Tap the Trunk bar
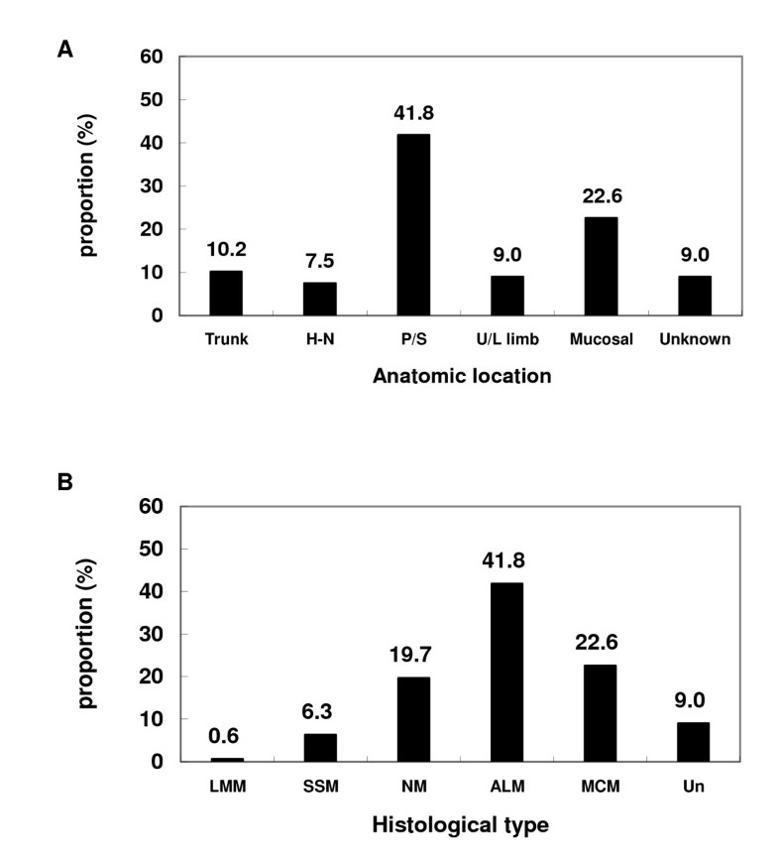[x=226, y=293]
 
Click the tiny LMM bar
[x=226, y=759]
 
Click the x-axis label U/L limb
[x=506, y=339]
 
